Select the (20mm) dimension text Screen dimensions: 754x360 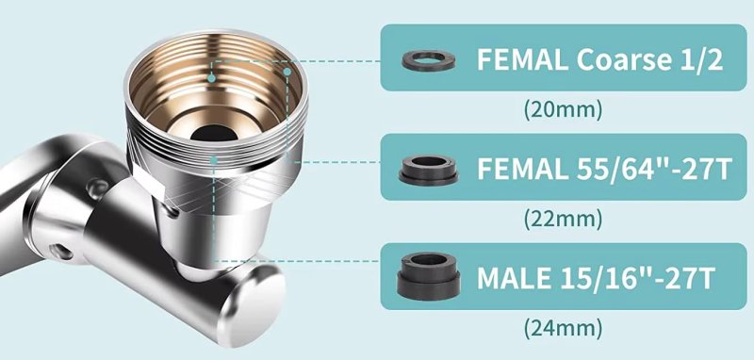tap(563, 109)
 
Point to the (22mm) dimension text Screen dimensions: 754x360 tap(563, 220)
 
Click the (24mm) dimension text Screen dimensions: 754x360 tap(563, 329)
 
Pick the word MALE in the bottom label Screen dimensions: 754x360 tap(514, 278)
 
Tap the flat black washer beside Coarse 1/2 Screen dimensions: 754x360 tap(429, 60)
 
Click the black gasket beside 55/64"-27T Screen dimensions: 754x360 tap(429, 171)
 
